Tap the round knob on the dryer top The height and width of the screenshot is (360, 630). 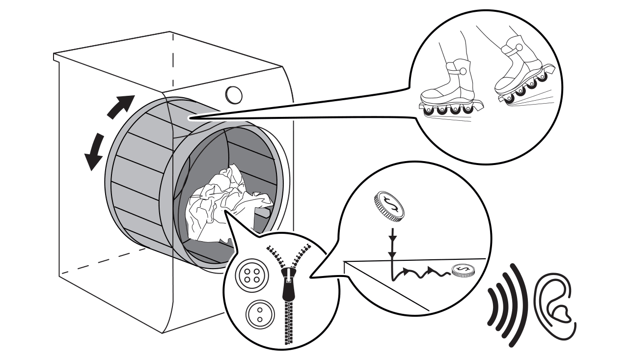234,93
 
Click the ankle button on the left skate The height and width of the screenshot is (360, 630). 462,72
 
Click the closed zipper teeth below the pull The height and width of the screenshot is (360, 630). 287,322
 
